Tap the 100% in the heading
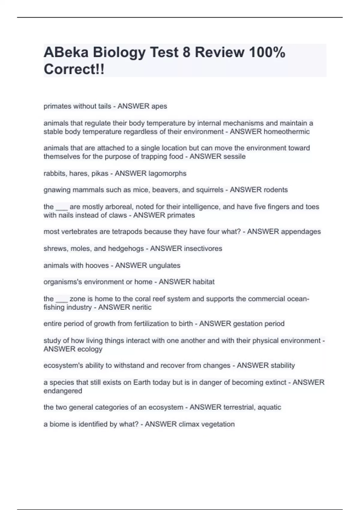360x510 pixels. [267, 52]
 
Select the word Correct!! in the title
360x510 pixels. [74, 69]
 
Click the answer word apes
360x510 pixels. [159, 106]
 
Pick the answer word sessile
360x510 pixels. [232, 157]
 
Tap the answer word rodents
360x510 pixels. [275, 190]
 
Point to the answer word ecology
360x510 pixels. [90, 349]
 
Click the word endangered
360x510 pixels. [63, 391]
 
